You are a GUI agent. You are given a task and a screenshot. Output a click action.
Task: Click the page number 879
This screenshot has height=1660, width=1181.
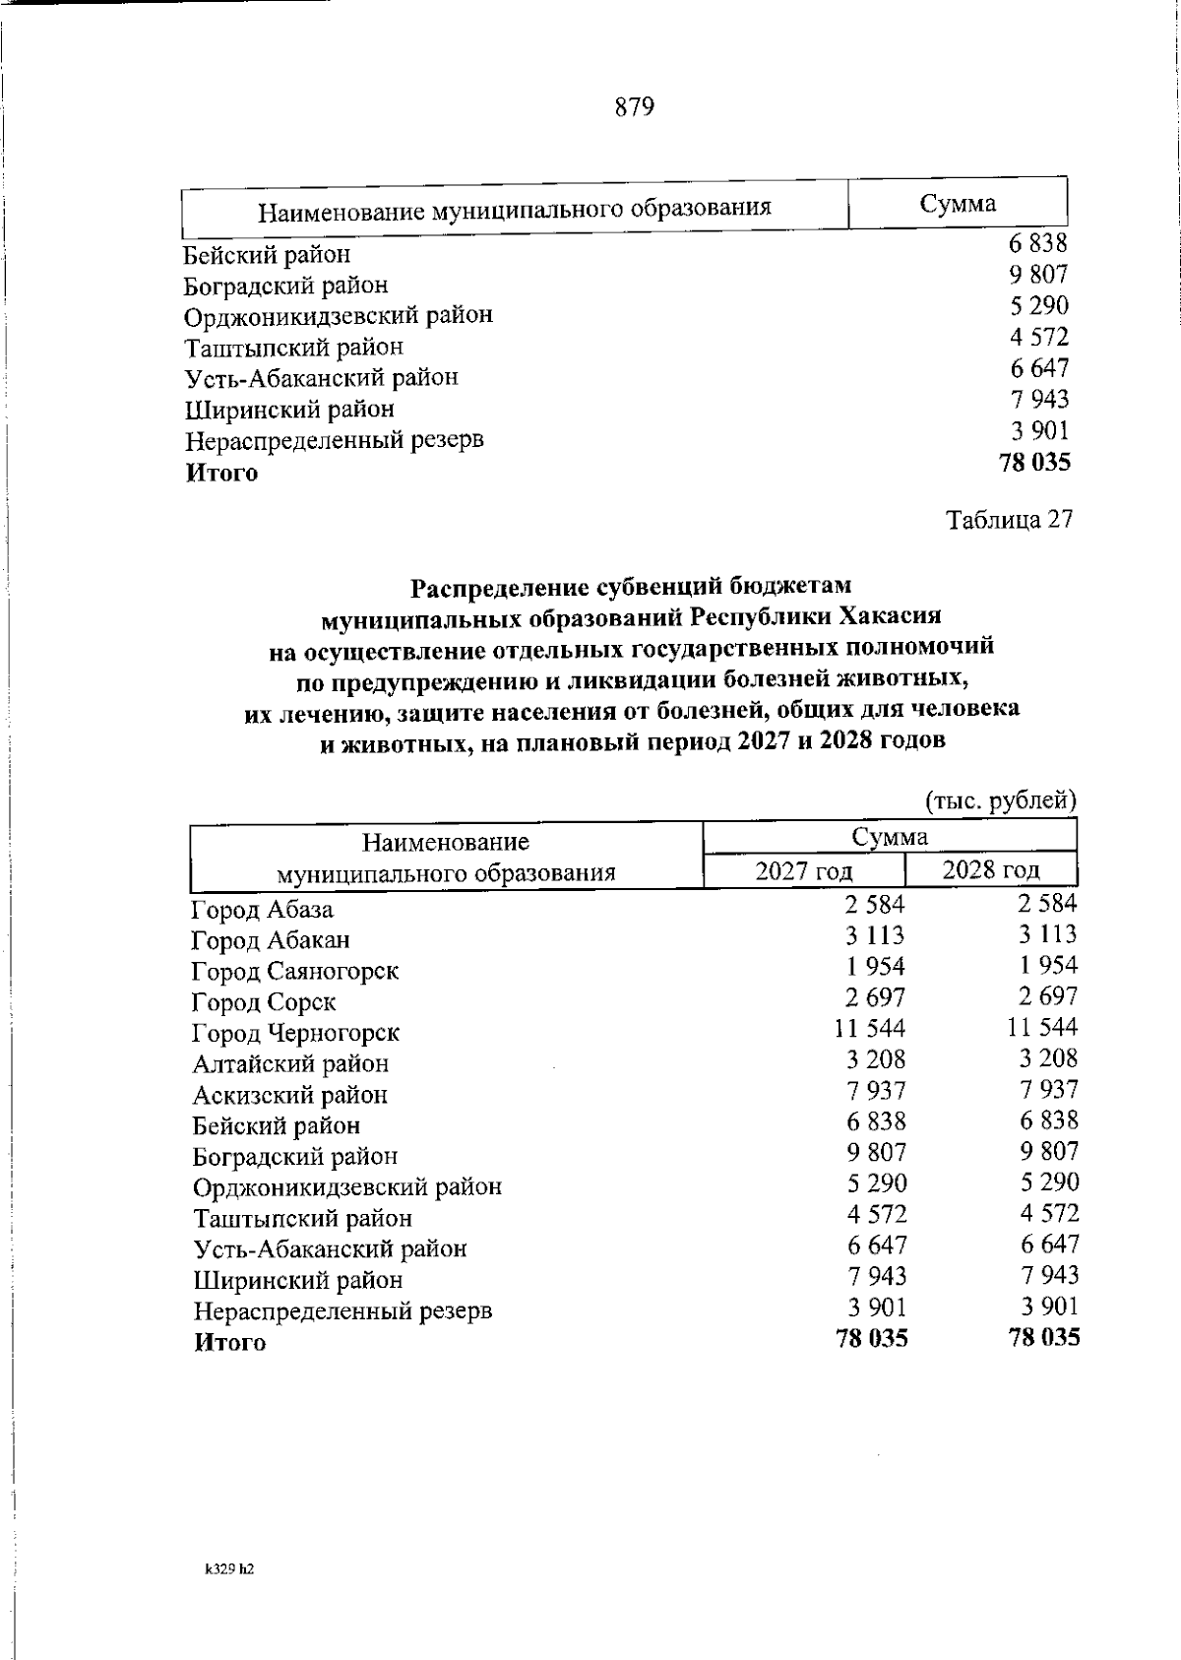pos(635,107)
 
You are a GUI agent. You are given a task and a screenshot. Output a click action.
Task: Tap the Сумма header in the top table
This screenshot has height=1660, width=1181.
pos(957,204)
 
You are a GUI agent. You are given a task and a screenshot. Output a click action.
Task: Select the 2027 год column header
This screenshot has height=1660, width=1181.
pos(803,871)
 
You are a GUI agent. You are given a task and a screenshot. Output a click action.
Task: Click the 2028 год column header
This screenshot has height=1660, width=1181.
pos(990,869)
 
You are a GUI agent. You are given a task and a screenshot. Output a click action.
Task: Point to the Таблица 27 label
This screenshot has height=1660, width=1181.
pos(1009,519)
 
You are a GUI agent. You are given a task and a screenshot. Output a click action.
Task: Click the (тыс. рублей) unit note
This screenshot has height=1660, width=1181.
pos(1001,800)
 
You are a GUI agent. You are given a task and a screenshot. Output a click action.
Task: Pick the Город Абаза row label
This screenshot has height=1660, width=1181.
pos(263,910)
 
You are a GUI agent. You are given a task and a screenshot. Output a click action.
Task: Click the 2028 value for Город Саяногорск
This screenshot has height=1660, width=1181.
pos(1049,966)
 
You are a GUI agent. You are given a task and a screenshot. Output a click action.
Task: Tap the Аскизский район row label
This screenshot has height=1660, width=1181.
pos(290,1095)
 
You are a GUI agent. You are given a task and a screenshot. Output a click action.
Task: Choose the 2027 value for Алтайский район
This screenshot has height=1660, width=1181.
pos(878,1060)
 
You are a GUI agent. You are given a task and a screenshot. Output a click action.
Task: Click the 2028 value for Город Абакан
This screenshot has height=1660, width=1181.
pos(1048,934)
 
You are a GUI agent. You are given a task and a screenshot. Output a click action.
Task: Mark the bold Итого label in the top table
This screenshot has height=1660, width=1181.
pos(222,474)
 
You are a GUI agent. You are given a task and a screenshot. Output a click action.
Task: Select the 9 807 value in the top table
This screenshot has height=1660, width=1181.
pos(1038,275)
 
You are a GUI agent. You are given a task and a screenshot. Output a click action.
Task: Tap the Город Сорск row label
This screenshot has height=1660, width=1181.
pos(264,1002)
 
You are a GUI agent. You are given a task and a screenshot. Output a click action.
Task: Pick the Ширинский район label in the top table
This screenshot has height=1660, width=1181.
pos(289,409)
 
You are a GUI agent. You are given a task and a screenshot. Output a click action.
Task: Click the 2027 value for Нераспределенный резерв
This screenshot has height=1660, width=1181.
pos(878,1308)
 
